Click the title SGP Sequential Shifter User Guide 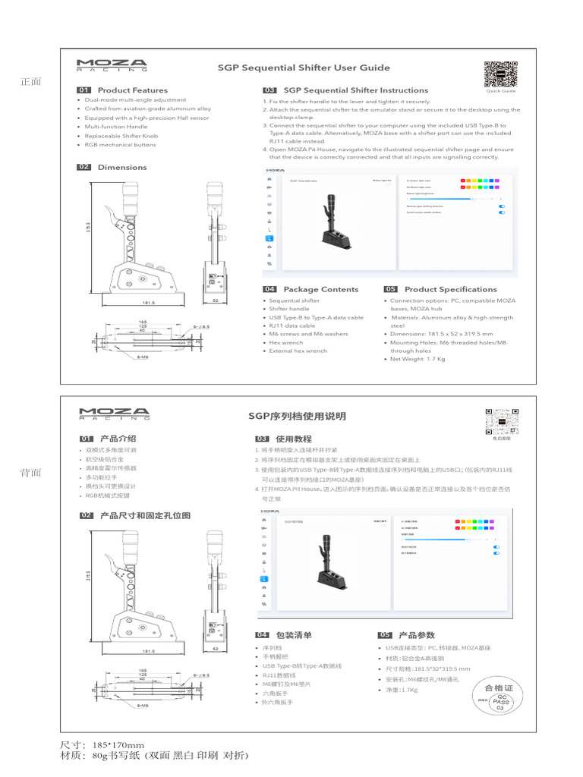point(304,68)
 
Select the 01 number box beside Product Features point(84,90)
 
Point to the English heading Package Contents point(320,289)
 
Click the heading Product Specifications point(450,289)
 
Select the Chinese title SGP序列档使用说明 point(297,416)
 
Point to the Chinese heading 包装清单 point(294,634)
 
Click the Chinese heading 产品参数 point(416,634)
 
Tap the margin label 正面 point(31,82)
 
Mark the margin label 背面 point(31,473)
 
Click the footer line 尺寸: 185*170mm point(102,745)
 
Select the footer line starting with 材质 point(153,757)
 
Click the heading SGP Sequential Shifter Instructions point(355,90)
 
